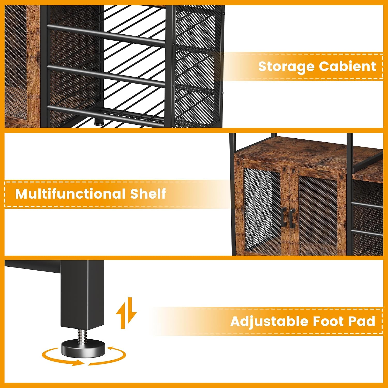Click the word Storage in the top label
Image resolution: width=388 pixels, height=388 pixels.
point(286,67)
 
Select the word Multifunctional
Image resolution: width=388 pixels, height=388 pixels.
point(70,193)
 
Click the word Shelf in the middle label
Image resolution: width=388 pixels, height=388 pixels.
point(148,193)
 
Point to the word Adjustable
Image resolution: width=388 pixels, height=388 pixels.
point(269,322)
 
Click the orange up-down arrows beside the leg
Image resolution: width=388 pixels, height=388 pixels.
point(126,313)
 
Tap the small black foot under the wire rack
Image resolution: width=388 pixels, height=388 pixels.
point(99,122)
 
